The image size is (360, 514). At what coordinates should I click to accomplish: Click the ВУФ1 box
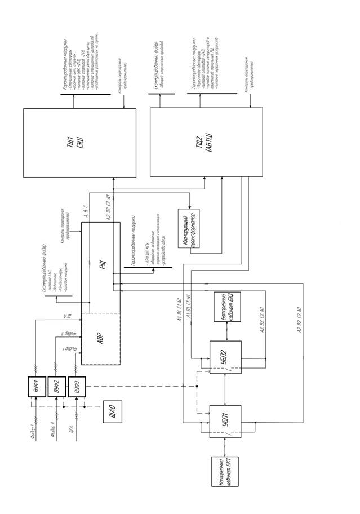(37, 386)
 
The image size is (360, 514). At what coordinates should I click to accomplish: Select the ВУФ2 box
(57, 386)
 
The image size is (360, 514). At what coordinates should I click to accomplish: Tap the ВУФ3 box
(77, 386)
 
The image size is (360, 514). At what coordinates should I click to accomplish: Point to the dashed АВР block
(101, 339)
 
